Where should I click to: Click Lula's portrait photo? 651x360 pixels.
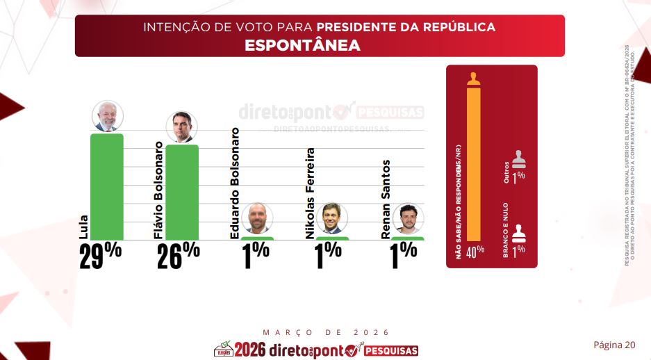coord(108,116)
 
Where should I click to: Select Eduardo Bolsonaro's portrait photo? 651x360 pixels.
coord(258,218)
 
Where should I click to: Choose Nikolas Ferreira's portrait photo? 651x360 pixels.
coord(332,218)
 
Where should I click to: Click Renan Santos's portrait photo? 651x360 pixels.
coord(408,219)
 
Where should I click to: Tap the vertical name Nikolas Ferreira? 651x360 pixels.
coord(311,193)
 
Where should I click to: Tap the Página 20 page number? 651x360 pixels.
coord(613,345)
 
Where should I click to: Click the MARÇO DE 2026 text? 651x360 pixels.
coord(327,333)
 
